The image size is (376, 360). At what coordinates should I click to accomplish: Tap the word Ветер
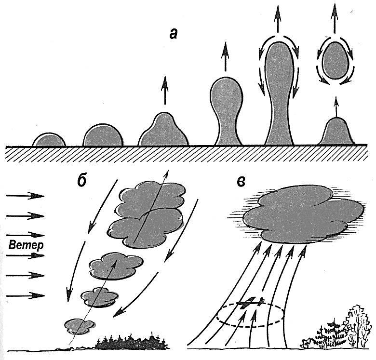tap(26, 245)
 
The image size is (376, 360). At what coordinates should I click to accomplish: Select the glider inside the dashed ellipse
tap(251, 304)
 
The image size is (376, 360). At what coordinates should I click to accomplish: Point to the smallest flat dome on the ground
tap(49, 140)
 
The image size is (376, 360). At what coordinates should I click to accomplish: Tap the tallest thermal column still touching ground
tap(280, 96)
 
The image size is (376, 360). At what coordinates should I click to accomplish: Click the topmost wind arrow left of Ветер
tap(26, 196)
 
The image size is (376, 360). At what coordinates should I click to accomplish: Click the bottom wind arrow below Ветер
tap(26, 295)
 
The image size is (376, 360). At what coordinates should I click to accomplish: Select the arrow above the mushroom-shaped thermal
tap(224, 57)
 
